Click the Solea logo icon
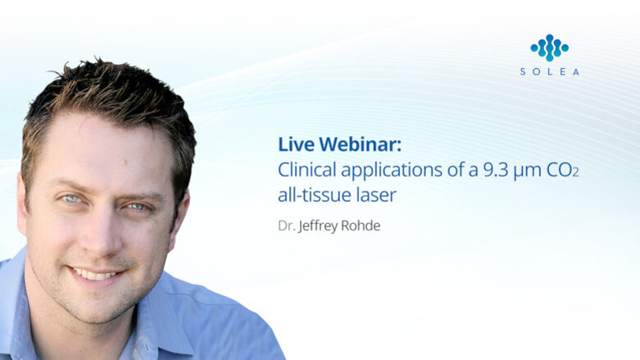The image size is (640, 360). pyautogui.click(x=549, y=47)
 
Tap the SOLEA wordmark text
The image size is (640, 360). pyautogui.click(x=549, y=72)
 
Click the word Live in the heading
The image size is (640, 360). pyautogui.click(x=295, y=144)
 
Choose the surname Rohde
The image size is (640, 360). pyautogui.click(x=361, y=226)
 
